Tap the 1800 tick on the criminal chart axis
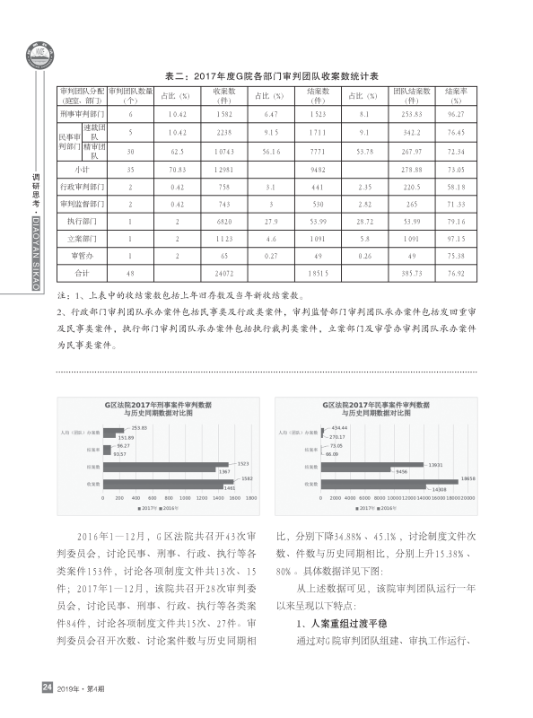click(x=252, y=496)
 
